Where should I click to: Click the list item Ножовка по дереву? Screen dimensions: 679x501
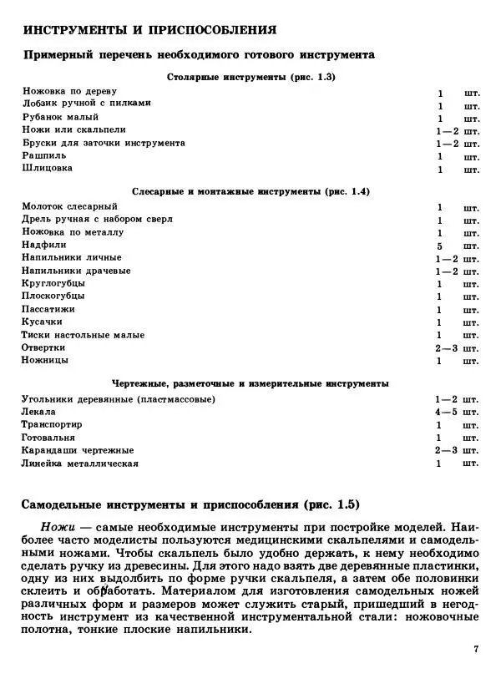(x=70, y=91)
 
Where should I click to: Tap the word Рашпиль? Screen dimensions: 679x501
(x=44, y=155)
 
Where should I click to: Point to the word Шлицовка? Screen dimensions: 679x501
(x=48, y=169)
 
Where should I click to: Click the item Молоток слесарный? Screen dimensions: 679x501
(x=70, y=206)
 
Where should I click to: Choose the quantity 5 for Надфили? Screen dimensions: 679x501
(x=439, y=246)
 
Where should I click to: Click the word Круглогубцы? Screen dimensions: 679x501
(x=54, y=284)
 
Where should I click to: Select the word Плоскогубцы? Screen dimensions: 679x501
(x=53, y=296)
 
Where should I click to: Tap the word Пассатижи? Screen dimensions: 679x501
(x=50, y=309)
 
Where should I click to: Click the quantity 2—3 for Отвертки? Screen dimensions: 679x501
(x=447, y=348)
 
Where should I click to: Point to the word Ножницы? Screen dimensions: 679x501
(x=46, y=361)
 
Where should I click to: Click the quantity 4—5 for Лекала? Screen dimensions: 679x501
(x=447, y=412)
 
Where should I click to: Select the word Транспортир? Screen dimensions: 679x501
(x=52, y=424)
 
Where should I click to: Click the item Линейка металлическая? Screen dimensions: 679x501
(x=80, y=464)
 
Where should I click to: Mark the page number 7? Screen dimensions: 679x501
(x=475, y=649)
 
